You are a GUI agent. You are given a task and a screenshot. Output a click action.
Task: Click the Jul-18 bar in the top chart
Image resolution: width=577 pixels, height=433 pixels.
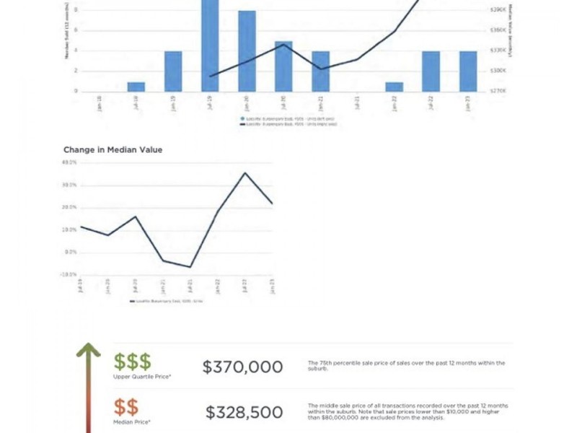136,87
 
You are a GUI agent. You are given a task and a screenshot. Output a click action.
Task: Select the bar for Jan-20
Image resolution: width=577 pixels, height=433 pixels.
247,51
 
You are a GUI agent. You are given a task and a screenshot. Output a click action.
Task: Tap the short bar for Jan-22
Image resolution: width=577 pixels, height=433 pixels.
394,87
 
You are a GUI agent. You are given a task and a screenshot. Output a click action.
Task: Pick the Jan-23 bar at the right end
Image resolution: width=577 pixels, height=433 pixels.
468,71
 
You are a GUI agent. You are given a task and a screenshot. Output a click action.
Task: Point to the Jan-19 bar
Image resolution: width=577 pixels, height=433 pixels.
173,71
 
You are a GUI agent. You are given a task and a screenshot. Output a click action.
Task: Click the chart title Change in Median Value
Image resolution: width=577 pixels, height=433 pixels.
113,150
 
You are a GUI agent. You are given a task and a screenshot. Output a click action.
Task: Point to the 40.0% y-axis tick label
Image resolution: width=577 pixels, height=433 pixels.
70,163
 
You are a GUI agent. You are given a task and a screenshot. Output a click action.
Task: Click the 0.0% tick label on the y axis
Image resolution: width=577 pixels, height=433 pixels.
71,252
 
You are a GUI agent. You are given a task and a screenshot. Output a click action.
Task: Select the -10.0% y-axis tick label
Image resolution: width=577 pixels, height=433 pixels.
69,274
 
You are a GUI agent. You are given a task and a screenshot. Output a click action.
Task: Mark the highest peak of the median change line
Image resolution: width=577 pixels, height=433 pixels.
245,173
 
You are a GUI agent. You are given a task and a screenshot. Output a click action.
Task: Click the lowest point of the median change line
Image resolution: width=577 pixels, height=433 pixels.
190,267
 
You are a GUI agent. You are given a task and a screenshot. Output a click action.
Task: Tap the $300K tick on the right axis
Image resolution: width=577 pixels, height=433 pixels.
498,71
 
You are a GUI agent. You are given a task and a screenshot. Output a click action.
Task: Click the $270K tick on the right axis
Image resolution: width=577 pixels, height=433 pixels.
498,91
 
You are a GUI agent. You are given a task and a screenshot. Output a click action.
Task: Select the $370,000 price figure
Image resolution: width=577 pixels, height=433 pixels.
242,367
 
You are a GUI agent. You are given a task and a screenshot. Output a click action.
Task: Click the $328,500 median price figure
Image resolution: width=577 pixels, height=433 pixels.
244,413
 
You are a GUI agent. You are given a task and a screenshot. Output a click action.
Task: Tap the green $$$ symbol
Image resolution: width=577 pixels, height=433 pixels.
132,362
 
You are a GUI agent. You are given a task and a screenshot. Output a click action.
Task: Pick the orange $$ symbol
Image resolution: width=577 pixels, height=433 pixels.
125,407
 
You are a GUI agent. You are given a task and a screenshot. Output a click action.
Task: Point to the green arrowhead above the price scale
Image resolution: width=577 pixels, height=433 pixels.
89,351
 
